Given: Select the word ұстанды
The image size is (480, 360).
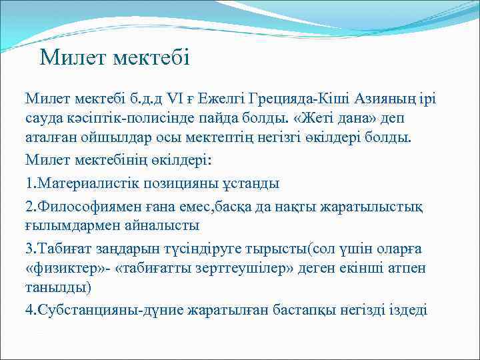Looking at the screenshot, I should [x=254, y=182].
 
